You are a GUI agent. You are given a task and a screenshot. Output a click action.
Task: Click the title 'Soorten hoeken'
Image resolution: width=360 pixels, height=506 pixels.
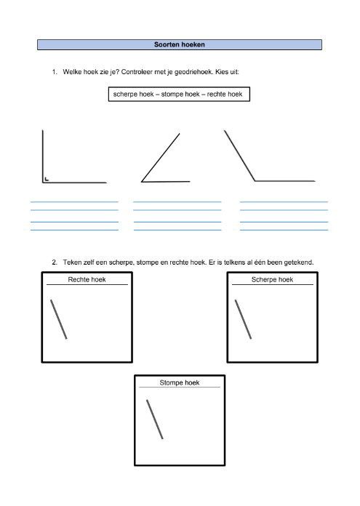180,44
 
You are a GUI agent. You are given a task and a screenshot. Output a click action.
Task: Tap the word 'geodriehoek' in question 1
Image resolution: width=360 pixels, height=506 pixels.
193,72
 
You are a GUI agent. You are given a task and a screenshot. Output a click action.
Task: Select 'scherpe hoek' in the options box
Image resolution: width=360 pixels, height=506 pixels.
133,95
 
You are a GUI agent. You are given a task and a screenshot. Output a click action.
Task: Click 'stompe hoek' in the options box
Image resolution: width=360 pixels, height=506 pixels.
180,95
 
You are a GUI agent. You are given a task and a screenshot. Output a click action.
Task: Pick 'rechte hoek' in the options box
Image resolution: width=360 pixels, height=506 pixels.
225,95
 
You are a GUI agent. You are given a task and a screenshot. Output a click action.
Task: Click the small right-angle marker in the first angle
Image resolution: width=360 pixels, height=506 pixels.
47,179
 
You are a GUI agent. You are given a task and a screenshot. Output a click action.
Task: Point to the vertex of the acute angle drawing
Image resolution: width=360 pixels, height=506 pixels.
141,182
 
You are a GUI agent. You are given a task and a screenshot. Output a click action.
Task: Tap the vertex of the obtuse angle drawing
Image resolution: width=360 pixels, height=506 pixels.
255,181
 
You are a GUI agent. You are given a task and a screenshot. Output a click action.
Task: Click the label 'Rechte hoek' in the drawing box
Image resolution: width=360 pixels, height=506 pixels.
87,279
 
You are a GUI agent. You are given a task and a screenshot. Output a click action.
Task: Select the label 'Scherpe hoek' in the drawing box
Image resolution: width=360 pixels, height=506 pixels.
272,279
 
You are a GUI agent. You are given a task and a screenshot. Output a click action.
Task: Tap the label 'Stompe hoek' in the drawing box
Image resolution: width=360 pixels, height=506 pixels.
180,382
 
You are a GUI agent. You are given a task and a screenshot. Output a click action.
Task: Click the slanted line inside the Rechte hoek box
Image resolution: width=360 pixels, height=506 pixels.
59,319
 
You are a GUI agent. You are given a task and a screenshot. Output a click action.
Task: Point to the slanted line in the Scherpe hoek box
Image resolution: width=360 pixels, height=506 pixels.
243,319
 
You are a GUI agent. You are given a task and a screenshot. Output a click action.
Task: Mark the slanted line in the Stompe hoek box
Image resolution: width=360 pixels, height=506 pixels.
155,419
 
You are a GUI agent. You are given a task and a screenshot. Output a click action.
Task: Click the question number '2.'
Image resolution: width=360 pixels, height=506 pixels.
55,262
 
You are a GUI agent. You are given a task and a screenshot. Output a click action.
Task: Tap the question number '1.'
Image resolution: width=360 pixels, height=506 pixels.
55,72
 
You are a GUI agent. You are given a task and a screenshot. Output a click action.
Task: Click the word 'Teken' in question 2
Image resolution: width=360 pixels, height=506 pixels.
72,262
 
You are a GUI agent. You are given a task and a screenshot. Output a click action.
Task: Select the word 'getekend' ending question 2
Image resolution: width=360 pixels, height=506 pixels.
299,262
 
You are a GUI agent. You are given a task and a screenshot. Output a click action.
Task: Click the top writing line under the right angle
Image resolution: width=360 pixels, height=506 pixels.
75,202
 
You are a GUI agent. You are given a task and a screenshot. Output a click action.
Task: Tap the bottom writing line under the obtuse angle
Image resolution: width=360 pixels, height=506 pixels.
284,230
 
